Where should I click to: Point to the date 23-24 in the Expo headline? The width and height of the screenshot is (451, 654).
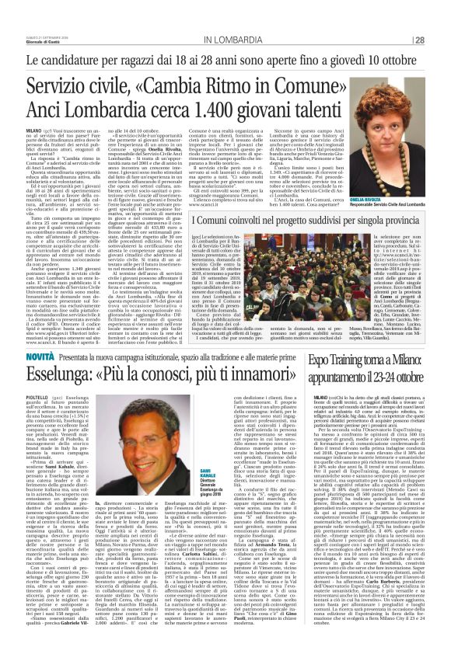pos(382,380)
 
